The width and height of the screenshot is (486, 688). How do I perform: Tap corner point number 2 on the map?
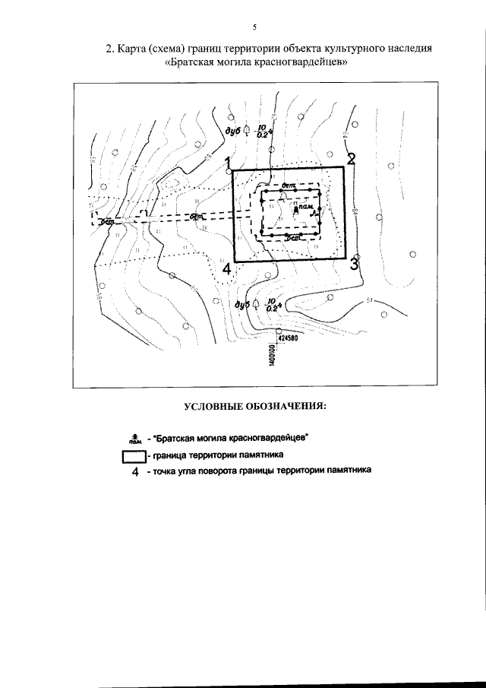tap(351, 159)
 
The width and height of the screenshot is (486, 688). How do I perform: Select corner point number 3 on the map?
tap(355, 264)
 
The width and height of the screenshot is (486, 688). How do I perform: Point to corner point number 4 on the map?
tap(226, 268)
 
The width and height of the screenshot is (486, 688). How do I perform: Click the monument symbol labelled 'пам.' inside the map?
tap(298, 206)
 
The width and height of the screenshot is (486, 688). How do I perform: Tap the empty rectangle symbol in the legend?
tap(134, 456)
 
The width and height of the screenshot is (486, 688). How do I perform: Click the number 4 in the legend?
tap(135, 472)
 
